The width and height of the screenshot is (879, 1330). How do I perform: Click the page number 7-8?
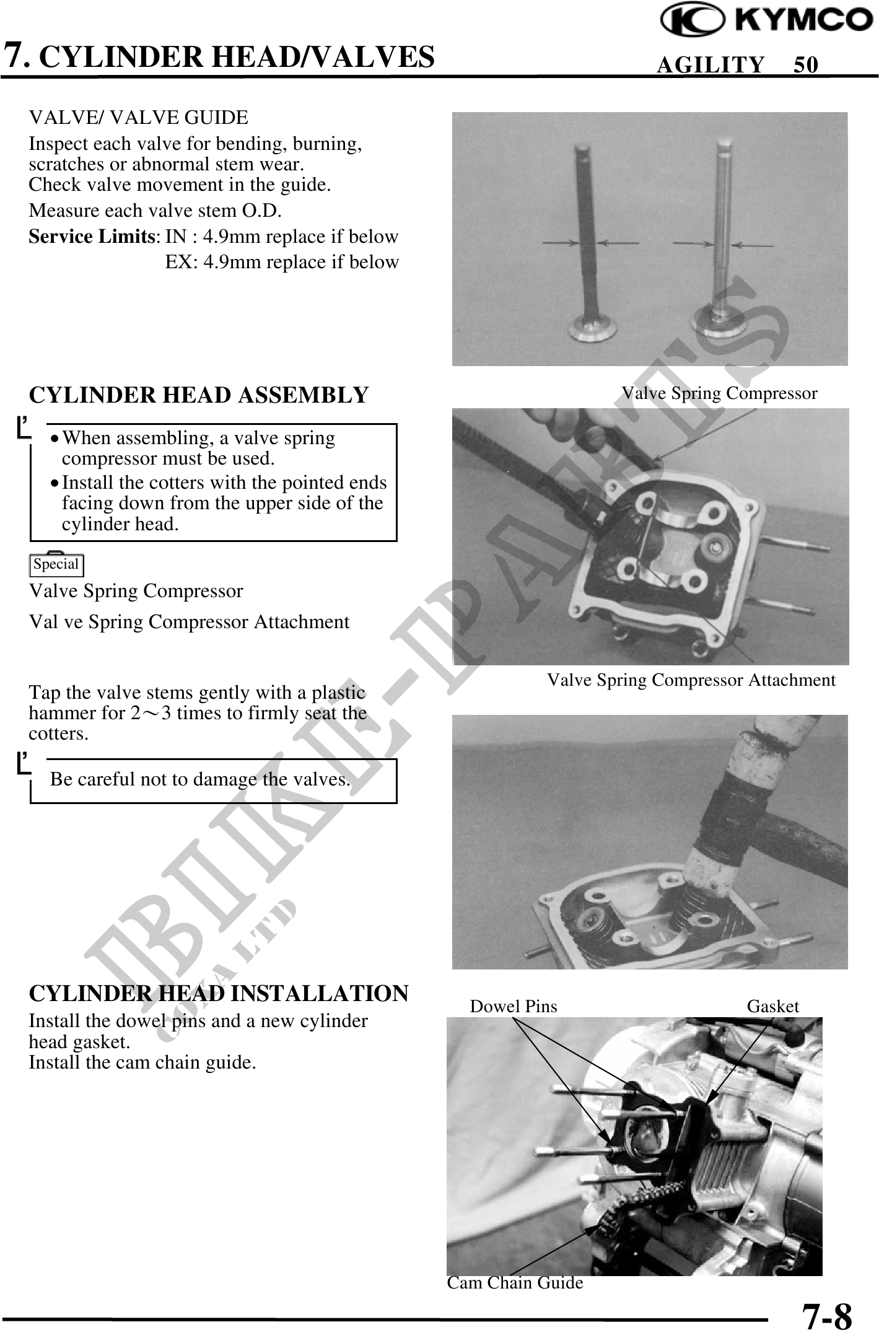(826, 1313)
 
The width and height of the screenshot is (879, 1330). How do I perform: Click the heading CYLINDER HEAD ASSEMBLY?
(199, 395)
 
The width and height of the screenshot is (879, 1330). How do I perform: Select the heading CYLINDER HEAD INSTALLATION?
(219, 992)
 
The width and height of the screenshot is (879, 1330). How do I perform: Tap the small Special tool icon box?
(56, 564)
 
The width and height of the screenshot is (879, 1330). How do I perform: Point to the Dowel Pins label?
(514, 1007)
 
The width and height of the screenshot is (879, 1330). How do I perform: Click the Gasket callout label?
(772, 1007)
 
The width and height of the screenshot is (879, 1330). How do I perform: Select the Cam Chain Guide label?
(515, 1283)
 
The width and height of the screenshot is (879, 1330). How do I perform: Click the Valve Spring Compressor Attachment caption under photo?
(691, 680)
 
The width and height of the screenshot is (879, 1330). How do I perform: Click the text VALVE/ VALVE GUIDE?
(139, 117)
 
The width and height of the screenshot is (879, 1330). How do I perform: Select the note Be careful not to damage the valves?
(200, 779)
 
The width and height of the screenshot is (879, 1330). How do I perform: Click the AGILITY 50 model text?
(737, 64)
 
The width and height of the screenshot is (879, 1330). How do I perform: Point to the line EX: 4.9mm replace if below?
(282, 262)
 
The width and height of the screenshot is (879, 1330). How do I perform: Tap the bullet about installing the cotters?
(223, 503)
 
